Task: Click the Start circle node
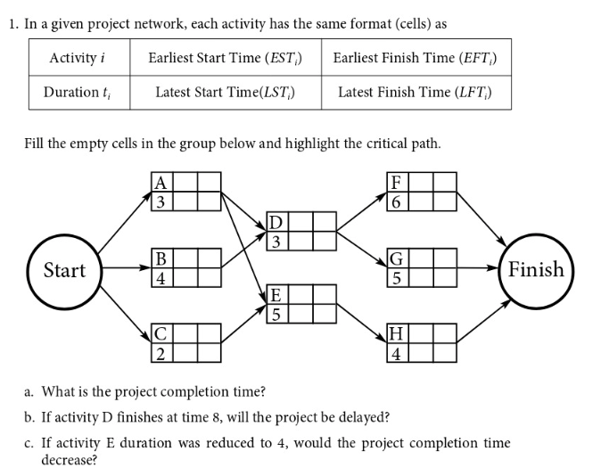tap(64, 270)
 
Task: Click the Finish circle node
tap(535, 269)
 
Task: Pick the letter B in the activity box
tap(161, 260)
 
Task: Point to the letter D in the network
tap(276, 222)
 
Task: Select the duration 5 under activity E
tap(276, 312)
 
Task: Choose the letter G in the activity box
tap(397, 260)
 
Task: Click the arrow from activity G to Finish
tap(482, 267)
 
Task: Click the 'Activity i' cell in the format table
tap(78, 58)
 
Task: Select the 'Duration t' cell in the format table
tap(78, 92)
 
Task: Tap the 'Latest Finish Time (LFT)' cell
tap(415, 92)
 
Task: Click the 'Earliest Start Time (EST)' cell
tap(225, 58)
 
